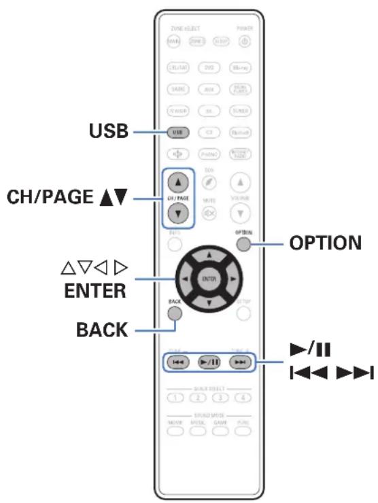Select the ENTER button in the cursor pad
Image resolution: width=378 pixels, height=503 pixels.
point(209,279)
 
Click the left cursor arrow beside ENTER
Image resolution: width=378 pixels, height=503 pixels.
point(184,279)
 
